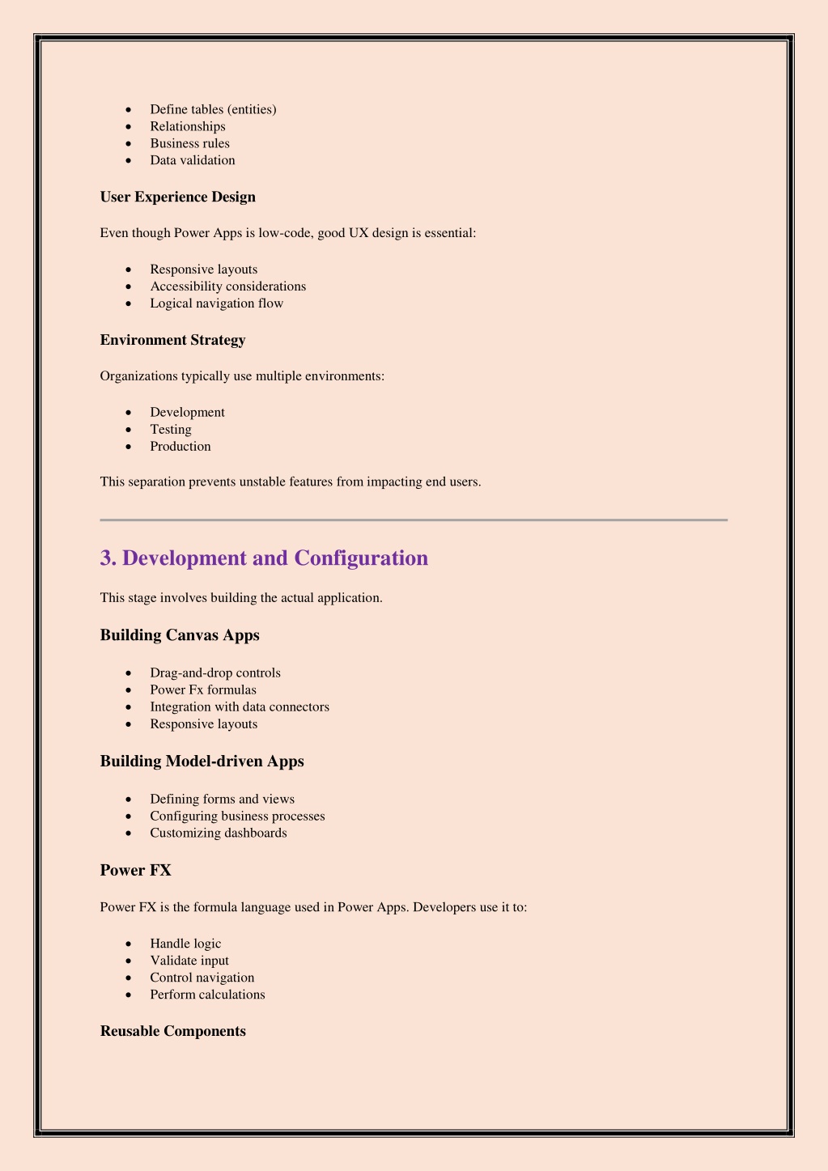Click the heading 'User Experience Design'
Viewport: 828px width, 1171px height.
177,197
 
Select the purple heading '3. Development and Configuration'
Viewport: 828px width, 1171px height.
264,558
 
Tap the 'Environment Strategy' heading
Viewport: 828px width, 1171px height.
172,340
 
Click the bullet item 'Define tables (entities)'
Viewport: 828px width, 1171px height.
213,109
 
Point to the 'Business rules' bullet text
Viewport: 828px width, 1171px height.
189,143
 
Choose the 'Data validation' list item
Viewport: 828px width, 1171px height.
192,160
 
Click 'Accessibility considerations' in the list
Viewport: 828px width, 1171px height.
227,286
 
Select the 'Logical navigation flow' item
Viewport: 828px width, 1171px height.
216,303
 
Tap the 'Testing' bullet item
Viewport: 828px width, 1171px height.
170,430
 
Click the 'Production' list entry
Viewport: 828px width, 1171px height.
180,447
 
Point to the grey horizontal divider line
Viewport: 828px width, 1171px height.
414,520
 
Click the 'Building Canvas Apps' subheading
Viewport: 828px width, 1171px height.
180,635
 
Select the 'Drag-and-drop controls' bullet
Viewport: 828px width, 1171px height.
214,673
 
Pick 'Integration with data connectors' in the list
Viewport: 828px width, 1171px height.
239,707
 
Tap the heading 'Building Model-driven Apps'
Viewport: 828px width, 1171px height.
202,762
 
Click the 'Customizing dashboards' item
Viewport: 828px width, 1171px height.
218,833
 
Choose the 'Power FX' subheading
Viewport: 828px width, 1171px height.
135,871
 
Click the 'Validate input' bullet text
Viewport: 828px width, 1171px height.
189,961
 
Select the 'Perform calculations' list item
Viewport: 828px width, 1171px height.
207,995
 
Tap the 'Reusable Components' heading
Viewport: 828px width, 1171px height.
172,1031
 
